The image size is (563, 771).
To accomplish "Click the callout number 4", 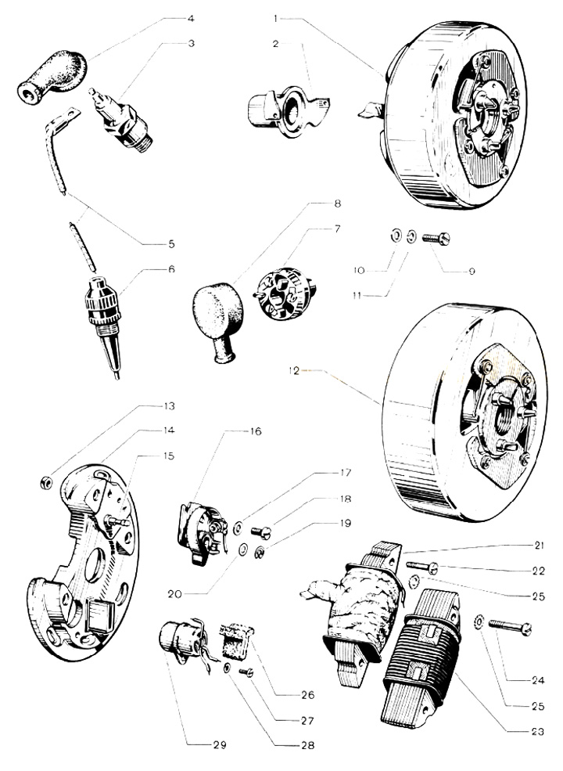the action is (x=191, y=19).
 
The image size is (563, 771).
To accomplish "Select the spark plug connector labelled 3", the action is (x=121, y=118).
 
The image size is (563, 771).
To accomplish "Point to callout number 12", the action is (x=294, y=371).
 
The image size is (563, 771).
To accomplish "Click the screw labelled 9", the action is (x=436, y=239).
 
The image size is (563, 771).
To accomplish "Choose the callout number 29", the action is (x=220, y=745).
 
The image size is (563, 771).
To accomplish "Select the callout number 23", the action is (x=538, y=732).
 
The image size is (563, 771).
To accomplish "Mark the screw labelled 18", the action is (x=261, y=531).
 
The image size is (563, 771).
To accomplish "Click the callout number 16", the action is (x=256, y=431).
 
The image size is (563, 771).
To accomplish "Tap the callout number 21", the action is (x=539, y=546).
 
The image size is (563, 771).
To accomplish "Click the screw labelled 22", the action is (x=422, y=567).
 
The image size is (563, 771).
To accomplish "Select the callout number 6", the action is (x=171, y=269).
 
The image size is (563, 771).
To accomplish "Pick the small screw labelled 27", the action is (x=246, y=672).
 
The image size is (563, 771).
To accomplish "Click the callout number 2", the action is (x=275, y=44).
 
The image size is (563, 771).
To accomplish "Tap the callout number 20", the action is (x=174, y=594).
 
